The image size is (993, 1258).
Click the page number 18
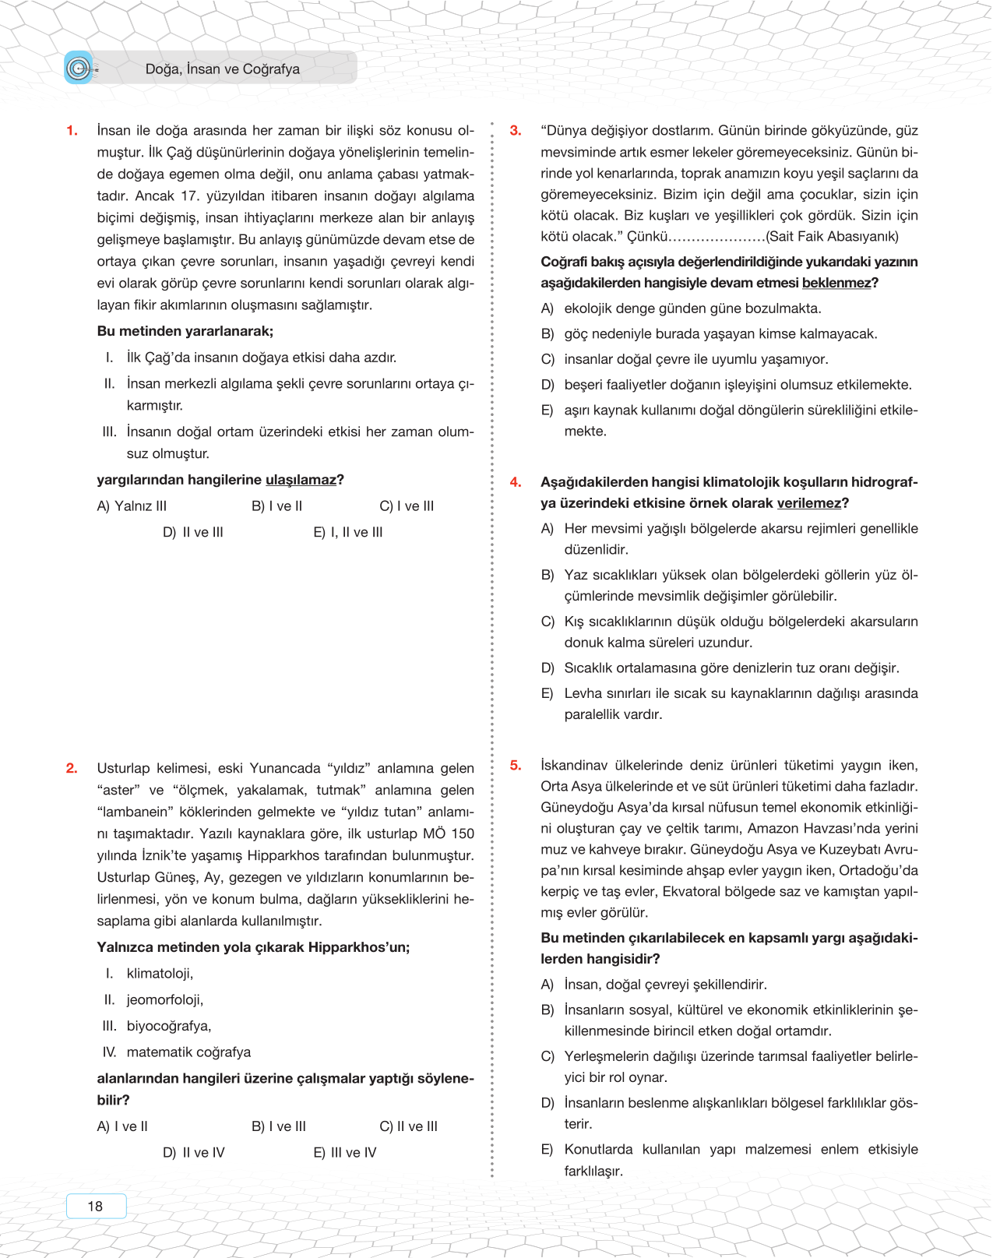pos(95,1206)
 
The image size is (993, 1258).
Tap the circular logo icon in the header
pos(78,69)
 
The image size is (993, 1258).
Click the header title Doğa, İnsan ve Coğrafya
pos(222,69)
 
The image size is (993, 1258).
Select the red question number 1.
pos(72,131)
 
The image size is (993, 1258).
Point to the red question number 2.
pos(72,768)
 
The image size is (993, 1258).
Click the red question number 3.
pos(516,131)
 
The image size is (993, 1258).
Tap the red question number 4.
pos(516,482)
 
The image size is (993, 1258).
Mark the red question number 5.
pos(516,766)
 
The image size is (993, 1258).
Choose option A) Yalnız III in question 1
pos(132,506)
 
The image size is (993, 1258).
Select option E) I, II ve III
pos(348,533)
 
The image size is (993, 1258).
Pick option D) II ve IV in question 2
pos(194,1153)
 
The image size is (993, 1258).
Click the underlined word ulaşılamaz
pos(301,480)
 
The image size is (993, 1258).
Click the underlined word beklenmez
pos(836,283)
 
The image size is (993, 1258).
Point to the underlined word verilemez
pos(808,503)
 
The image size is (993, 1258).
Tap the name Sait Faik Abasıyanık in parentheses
pos(832,237)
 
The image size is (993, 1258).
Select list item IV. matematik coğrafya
pos(177,1052)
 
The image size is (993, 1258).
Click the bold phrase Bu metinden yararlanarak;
pos(185,331)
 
